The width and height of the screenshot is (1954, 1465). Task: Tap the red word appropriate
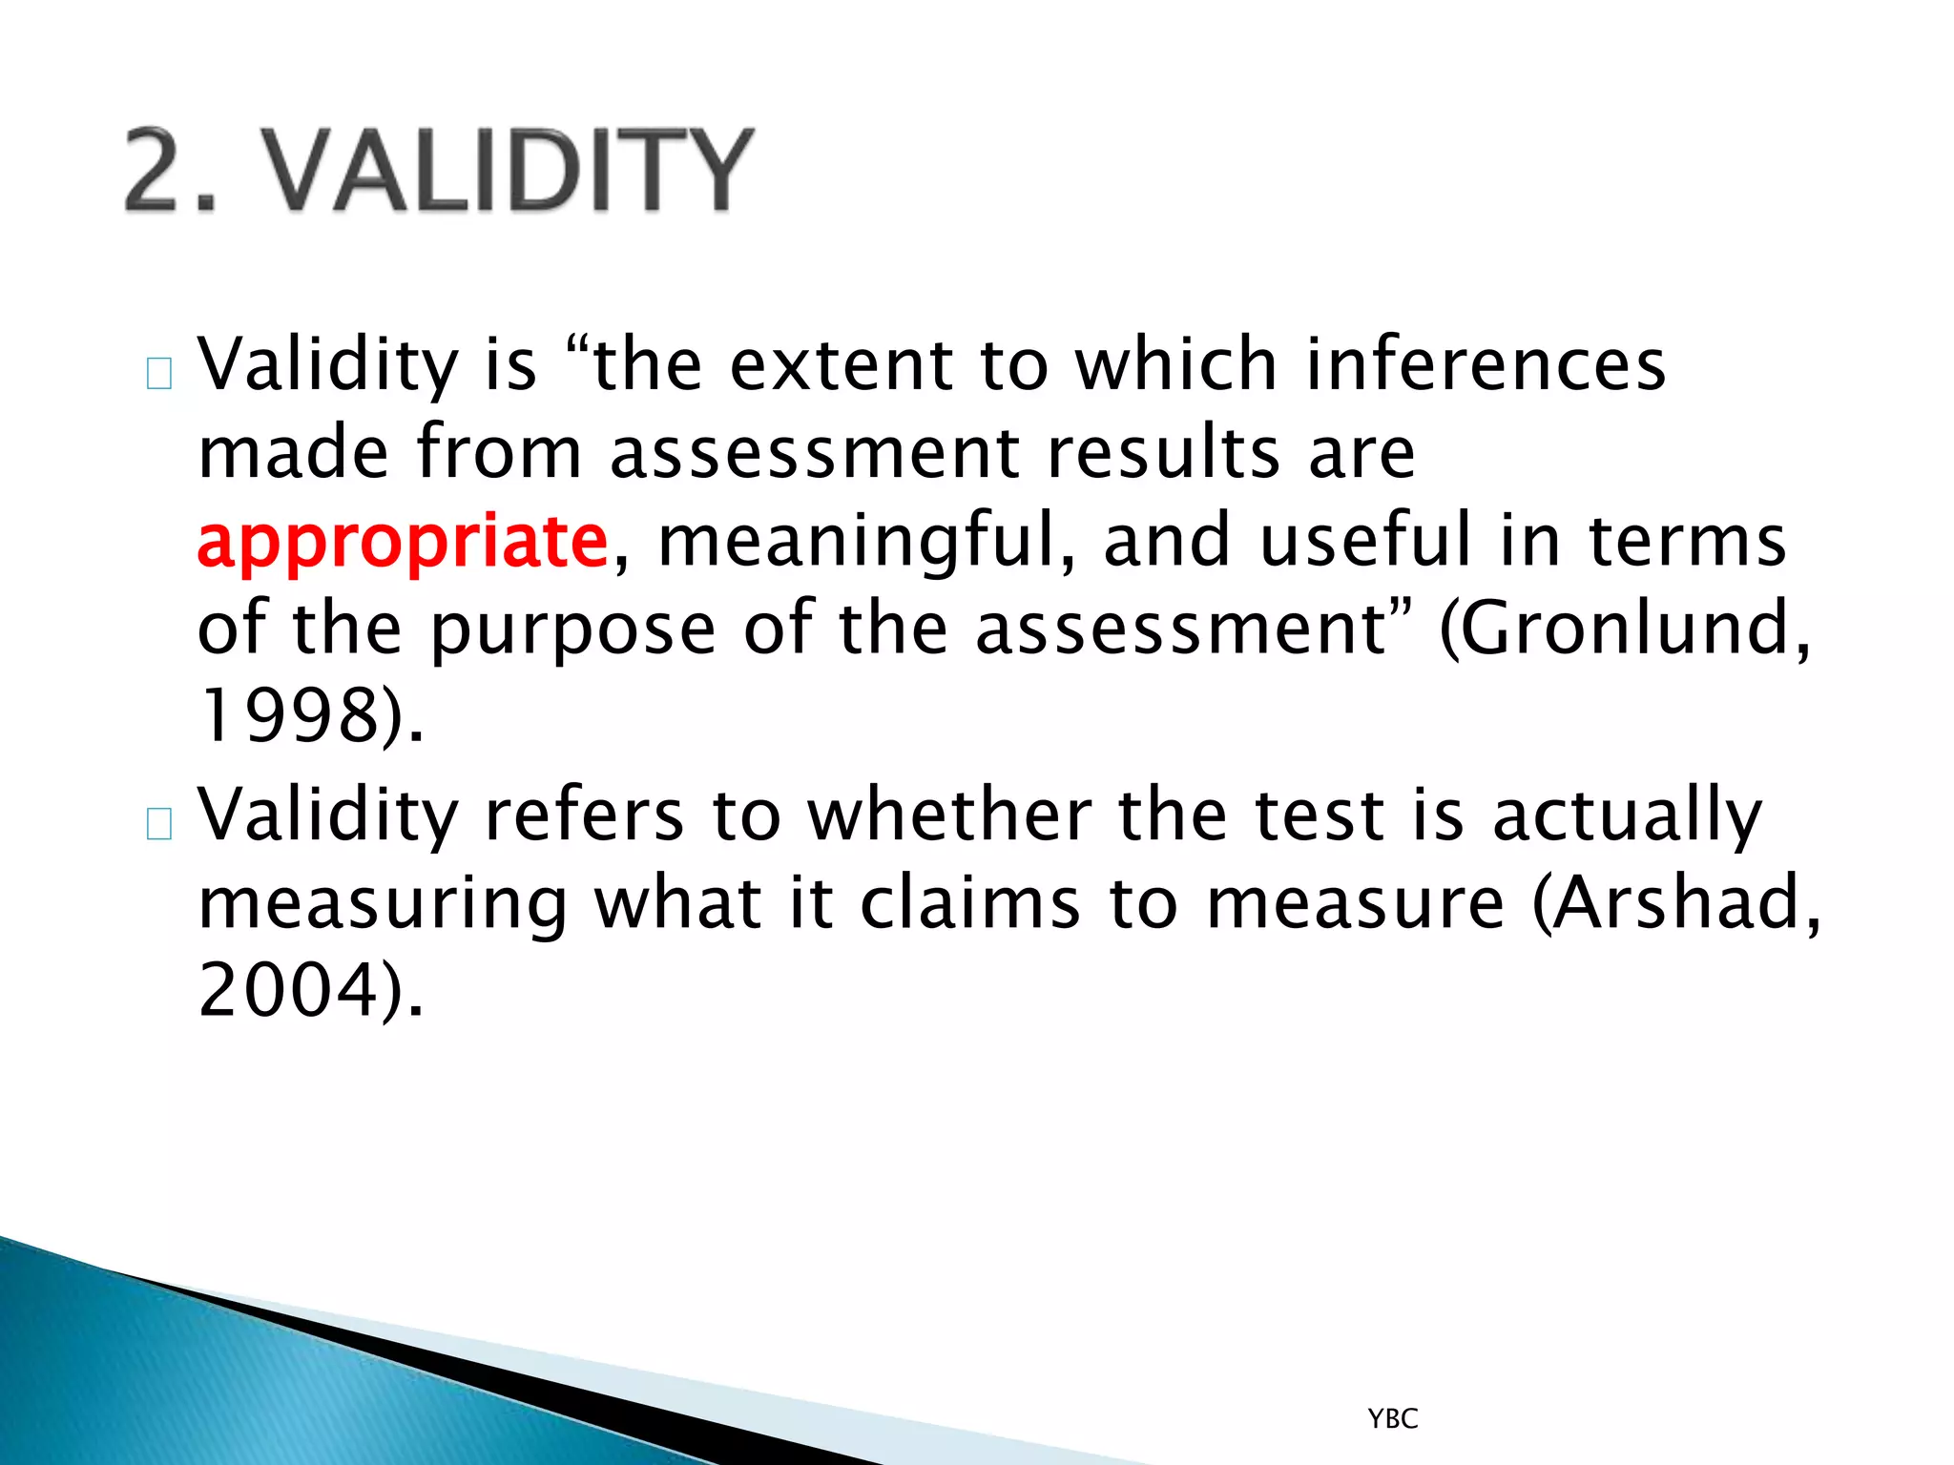coord(402,541)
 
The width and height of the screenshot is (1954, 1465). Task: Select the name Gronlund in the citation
coord(1625,629)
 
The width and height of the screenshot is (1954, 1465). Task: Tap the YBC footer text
coord(1392,1419)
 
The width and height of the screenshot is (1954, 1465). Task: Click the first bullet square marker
coord(159,374)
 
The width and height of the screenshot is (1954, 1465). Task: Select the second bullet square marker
coord(159,823)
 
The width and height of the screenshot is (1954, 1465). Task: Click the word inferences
coord(1485,364)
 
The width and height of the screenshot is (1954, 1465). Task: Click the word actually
coord(1627,816)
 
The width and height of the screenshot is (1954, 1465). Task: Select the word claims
coord(969,901)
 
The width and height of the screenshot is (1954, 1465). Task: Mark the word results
coord(1163,452)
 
